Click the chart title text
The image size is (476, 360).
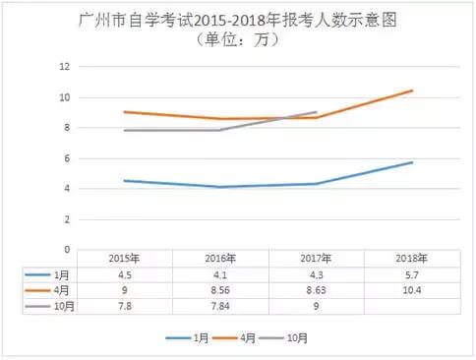coord(237,21)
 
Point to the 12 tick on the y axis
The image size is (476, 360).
coord(64,67)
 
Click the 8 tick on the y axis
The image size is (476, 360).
coord(66,128)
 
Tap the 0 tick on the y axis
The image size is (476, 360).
coord(66,250)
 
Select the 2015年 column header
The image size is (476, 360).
coord(124,259)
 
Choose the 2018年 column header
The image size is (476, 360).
coord(411,259)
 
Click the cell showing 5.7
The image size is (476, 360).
coord(411,275)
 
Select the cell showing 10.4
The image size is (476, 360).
coord(411,291)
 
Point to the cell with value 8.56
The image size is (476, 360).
coord(219,291)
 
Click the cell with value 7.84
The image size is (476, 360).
coord(219,307)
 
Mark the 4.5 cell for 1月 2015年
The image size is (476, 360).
coord(124,275)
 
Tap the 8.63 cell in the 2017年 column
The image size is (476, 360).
coord(316,291)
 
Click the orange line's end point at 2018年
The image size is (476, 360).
coord(412,90)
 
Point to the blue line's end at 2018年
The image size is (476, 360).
coord(412,162)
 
